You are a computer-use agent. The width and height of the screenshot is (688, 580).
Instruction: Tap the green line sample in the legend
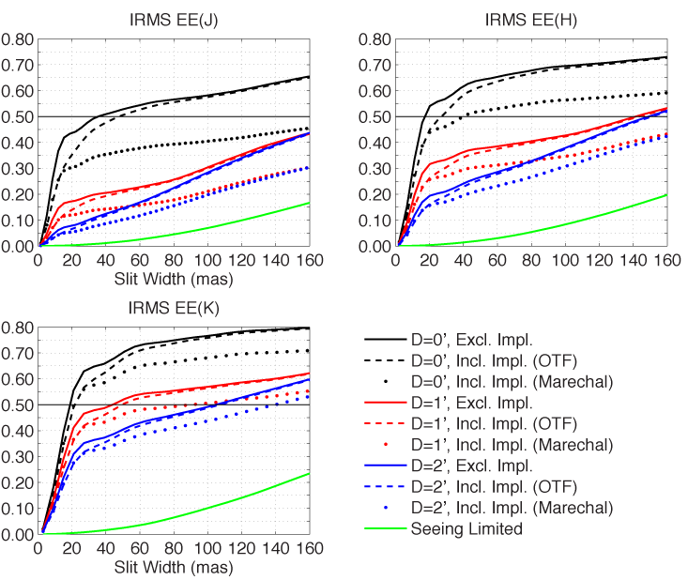[383, 528]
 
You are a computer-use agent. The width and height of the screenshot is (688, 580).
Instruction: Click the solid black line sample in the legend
[383, 336]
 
